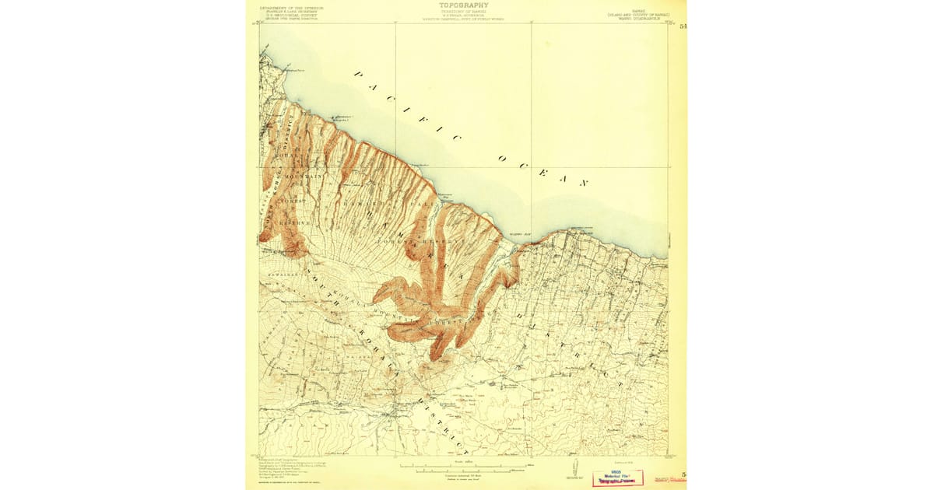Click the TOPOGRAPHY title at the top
click(x=464, y=5)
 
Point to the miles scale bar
click(x=465, y=466)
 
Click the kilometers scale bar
click(x=465, y=471)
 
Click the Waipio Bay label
click(x=520, y=233)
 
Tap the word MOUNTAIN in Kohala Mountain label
click(x=304, y=177)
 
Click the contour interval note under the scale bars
click(x=465, y=476)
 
